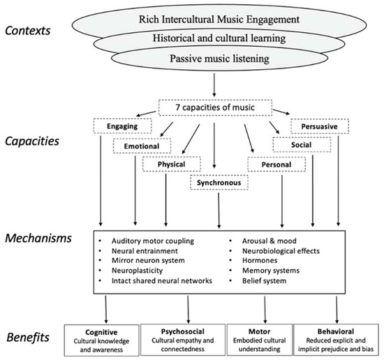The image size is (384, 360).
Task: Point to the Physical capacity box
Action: coord(172,165)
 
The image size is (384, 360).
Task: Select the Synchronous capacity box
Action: coord(219,184)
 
